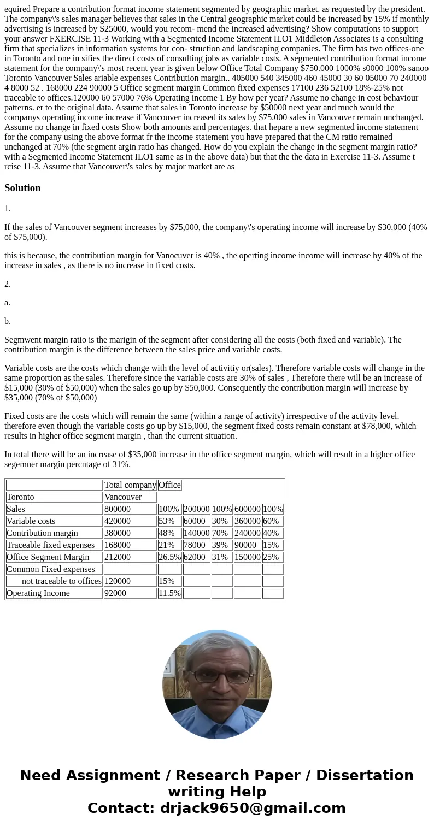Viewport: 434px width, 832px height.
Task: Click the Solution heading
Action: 22,188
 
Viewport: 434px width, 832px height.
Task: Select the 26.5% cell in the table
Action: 169,557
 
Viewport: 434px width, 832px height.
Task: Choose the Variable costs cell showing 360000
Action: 247,521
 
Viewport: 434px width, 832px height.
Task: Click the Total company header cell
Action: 130,485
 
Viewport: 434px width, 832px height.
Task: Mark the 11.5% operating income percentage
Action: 169,593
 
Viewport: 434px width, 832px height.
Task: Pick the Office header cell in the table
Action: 169,485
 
